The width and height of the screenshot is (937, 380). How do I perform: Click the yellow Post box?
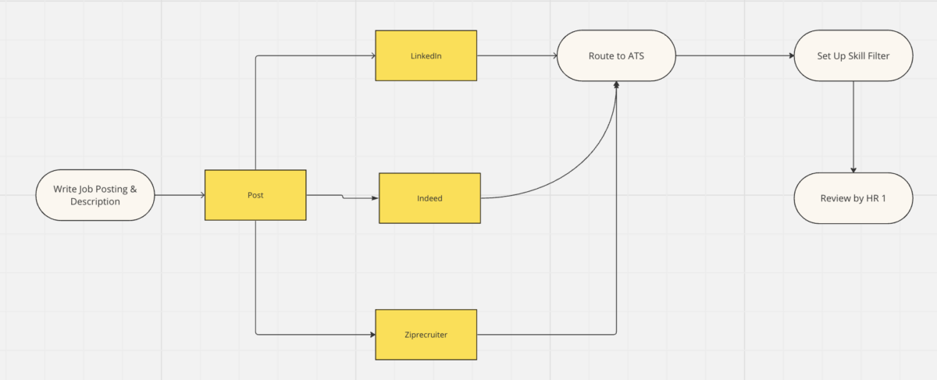(255, 195)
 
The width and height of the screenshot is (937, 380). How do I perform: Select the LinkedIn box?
(426, 55)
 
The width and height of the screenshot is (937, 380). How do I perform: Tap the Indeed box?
(429, 198)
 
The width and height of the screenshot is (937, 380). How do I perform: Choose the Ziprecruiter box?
(426, 335)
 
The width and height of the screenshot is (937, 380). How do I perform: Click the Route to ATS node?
(616, 55)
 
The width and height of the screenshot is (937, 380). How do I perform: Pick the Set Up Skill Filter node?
(853, 55)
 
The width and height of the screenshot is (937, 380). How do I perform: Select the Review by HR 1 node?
(853, 198)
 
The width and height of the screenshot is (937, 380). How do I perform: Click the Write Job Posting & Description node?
(94, 195)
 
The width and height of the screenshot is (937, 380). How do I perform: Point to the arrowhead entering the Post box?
(201, 195)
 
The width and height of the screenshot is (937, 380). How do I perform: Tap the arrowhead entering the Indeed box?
(375, 198)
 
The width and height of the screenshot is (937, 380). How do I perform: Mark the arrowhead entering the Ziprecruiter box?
(372, 335)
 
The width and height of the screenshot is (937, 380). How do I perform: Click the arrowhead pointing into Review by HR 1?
(853, 169)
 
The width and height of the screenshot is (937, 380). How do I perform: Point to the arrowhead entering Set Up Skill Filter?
(790, 55)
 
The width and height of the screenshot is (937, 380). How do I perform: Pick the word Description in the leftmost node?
(94, 202)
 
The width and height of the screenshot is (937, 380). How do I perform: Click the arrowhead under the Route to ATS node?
(617, 84)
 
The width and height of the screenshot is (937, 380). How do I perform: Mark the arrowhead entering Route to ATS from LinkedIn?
(554, 55)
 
